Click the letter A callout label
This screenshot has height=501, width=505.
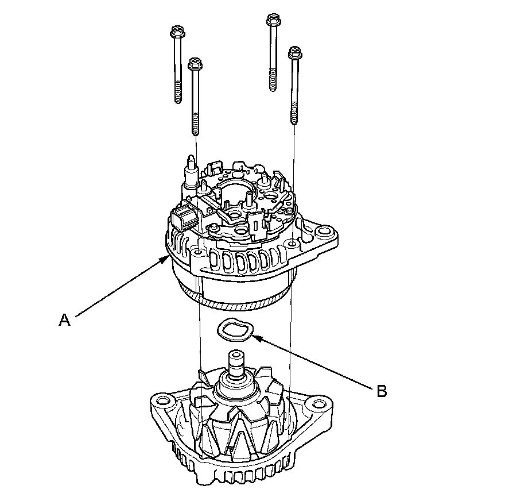[x=65, y=320]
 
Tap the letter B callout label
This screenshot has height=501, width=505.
[x=382, y=392]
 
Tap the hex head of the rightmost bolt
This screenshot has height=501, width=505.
[x=296, y=53]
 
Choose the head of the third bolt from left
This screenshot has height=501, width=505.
[x=272, y=21]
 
